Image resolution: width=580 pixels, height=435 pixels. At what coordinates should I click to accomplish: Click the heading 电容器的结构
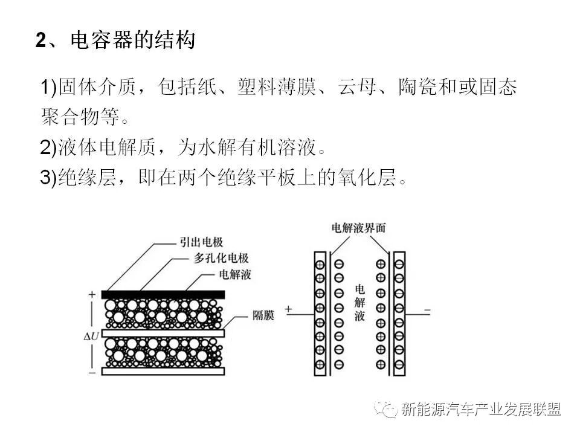click(133, 40)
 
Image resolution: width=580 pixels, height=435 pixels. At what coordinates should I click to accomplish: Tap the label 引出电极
click(201, 242)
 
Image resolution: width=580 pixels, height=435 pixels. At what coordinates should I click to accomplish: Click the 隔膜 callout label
click(262, 315)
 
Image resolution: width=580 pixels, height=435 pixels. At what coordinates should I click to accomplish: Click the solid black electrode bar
click(163, 294)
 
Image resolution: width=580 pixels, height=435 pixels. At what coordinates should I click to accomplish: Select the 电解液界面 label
click(358, 228)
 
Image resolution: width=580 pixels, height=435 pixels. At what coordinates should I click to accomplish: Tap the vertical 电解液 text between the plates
click(359, 302)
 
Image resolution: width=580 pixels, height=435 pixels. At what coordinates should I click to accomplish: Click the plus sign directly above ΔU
click(92, 295)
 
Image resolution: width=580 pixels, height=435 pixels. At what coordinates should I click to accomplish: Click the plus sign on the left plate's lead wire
click(288, 309)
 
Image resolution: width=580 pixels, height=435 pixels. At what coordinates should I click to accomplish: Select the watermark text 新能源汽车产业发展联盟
click(482, 409)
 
